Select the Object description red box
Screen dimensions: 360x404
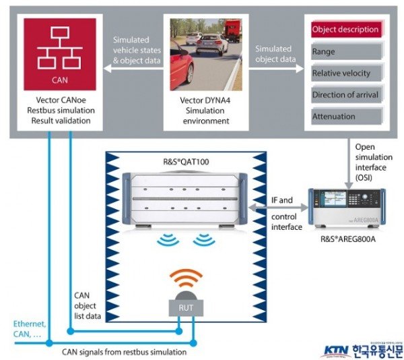tap(345, 30)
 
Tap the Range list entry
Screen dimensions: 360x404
tap(345, 51)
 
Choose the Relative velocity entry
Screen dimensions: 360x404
tap(345, 72)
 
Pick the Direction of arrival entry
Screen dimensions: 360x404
tap(345, 94)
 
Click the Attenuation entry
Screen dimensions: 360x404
tap(345, 116)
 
